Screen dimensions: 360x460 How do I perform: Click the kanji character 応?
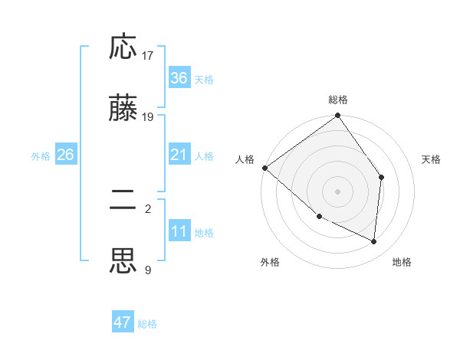[123, 48]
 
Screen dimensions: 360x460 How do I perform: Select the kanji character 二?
[123, 201]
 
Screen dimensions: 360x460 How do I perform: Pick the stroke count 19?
[148, 117]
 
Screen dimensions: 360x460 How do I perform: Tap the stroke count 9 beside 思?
[147, 270]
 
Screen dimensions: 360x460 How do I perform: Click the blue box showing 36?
[179, 78]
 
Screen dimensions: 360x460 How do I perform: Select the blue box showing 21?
[179, 155]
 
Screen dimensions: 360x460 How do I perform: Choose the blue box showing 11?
[179, 231]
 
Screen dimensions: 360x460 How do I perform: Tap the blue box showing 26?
[65, 155]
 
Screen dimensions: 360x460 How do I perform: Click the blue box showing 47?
[123, 322]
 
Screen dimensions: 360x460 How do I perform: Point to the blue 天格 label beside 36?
[204, 80]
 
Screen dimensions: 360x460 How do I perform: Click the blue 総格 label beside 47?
[147, 324]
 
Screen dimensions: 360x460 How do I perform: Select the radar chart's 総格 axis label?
[338, 100]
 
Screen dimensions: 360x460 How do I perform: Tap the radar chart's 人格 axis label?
[245, 159]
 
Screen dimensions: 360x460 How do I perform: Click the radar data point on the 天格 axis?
[381, 177]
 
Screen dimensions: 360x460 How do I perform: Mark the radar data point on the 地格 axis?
[373, 241]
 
